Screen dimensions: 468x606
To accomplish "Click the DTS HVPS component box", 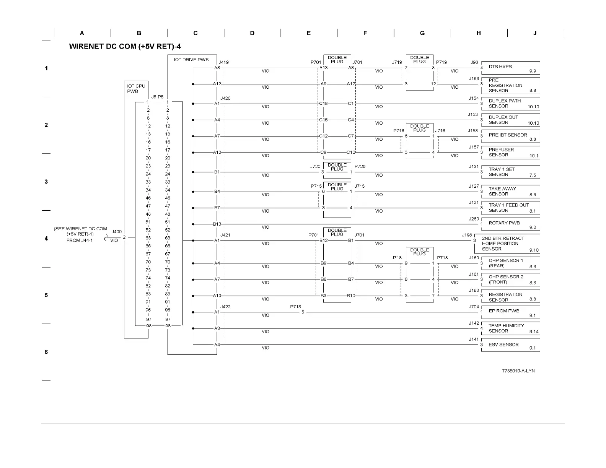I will point(510,68).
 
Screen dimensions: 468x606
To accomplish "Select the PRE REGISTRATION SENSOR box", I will point(510,86).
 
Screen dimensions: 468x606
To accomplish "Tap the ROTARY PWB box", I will point(510,224).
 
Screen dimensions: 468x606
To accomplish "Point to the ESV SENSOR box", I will point(510,345).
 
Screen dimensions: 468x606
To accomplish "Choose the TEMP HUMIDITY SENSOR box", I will point(510,328).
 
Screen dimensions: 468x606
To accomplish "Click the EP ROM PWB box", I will point(510,312).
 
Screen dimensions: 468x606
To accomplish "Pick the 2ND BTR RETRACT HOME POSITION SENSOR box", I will point(507,244).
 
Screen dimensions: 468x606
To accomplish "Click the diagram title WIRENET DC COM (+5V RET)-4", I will point(125,47).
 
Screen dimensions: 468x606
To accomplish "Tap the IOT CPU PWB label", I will point(136,89).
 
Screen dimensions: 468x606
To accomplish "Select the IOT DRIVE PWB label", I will point(191,60).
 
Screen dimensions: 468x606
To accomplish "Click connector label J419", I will point(224,62).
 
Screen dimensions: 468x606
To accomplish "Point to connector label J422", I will point(225,307).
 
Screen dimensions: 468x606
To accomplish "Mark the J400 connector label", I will point(117,232).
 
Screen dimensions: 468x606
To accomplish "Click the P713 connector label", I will point(295,307).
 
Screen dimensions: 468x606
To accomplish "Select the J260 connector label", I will point(474,219).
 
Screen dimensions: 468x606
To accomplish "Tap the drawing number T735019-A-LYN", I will point(518,371).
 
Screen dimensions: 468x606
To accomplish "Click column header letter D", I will point(252,33).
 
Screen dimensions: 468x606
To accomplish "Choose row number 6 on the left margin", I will point(46,352).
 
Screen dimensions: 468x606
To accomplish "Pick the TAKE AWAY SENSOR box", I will point(510,192).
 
